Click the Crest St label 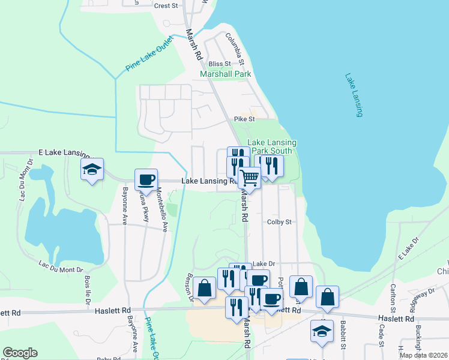point(166,6)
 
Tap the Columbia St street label point(235,50)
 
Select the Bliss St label point(220,64)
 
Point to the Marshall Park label point(226,74)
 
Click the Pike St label point(244,119)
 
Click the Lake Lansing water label point(354,96)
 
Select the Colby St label point(279,221)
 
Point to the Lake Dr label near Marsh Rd point(263,263)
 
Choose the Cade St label point(381,336)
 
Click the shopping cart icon point(249,176)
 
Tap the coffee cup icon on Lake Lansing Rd point(146,179)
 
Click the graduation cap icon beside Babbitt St point(322,331)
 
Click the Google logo point(20,353)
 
